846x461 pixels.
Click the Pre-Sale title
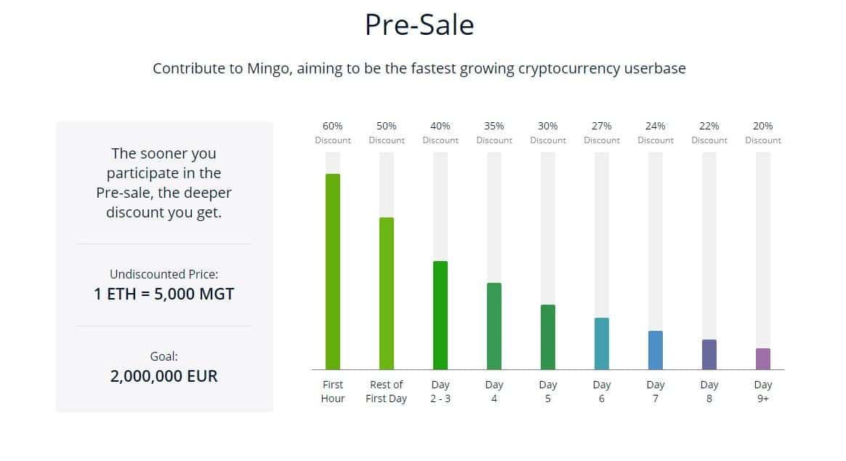tap(419, 25)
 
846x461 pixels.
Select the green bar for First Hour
tap(333, 271)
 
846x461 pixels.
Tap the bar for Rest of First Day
tap(387, 294)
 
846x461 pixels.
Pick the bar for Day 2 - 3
tap(440, 316)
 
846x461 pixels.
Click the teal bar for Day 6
tap(602, 344)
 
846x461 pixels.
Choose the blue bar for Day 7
tap(656, 350)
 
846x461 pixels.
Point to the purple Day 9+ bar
tap(763, 359)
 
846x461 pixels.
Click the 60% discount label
tap(333, 133)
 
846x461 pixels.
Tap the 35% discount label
tap(494, 133)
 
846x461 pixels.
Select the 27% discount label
tap(602, 133)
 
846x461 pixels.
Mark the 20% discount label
tap(763, 133)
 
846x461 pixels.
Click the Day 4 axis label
tap(494, 391)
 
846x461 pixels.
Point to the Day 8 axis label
tap(709, 391)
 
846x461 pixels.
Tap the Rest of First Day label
tap(387, 391)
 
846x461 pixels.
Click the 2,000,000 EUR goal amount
tap(164, 376)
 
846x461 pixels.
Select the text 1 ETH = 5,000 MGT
tap(164, 294)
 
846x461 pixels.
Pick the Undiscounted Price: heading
tap(164, 274)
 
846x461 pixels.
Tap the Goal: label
tap(164, 356)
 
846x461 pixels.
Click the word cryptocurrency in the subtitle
tap(569, 69)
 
